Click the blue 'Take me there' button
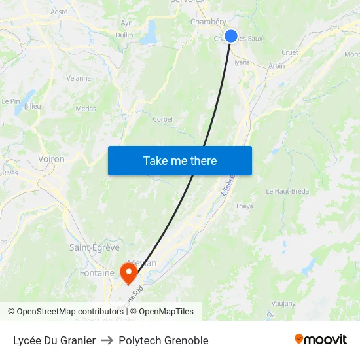[x=180, y=160]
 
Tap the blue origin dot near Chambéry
[x=231, y=36]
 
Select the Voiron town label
[x=51, y=159]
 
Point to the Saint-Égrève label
[x=94, y=247]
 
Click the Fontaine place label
[x=97, y=272]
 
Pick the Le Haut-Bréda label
[x=287, y=191]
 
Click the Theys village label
[x=243, y=206]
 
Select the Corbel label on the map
[x=162, y=119]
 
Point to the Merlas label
[x=86, y=109]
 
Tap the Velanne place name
[x=79, y=78]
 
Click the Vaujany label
[x=283, y=303]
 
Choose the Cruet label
[x=289, y=52]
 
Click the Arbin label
[x=276, y=65]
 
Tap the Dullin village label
[x=124, y=35]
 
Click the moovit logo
[x=320, y=340]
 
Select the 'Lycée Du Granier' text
[x=54, y=340]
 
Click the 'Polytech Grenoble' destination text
[x=164, y=340]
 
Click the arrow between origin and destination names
[x=107, y=340]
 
